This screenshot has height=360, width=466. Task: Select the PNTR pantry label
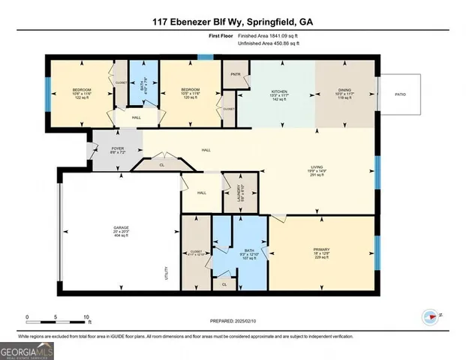point(235,75)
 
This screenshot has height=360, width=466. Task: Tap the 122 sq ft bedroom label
point(81,93)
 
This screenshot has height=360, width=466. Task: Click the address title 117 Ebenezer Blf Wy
point(233,22)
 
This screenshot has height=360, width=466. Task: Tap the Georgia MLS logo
point(27,350)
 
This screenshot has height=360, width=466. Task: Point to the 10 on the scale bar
point(86,316)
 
